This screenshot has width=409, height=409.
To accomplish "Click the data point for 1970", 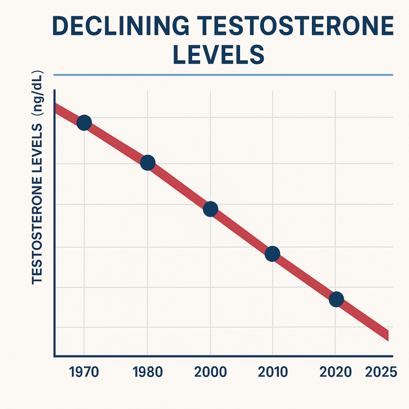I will (84, 122).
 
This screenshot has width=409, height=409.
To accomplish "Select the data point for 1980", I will (148, 162).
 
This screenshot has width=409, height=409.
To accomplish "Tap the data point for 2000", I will (211, 209).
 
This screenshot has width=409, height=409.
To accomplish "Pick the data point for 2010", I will (272, 254).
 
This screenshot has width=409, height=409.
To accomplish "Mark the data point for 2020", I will (336, 299).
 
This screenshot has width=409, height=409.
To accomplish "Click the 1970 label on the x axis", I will (84, 372).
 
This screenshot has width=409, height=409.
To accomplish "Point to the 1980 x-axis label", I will (148, 372).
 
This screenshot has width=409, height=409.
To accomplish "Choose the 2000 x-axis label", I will (211, 372).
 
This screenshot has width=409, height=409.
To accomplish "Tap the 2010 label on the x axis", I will (273, 372).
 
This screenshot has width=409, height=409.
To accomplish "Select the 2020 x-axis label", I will (336, 372).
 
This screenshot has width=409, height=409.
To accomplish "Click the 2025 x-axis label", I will (381, 372).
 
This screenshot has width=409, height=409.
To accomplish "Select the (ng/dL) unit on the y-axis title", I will (38, 93).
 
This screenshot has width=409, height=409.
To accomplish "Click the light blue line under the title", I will (223, 75).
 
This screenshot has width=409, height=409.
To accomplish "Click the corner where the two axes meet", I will (55, 356).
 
